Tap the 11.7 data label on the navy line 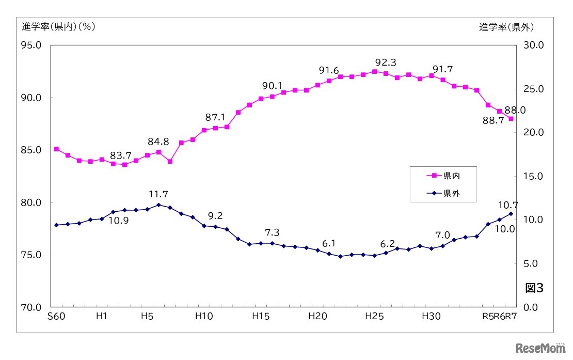point(158,195)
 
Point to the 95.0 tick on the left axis point(31,45)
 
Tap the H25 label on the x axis point(374,317)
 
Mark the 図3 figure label point(534,288)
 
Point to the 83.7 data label point(120,155)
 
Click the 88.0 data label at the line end point(515,110)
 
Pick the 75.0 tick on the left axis point(31,255)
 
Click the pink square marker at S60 point(56,149)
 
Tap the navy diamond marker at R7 point(511,214)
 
